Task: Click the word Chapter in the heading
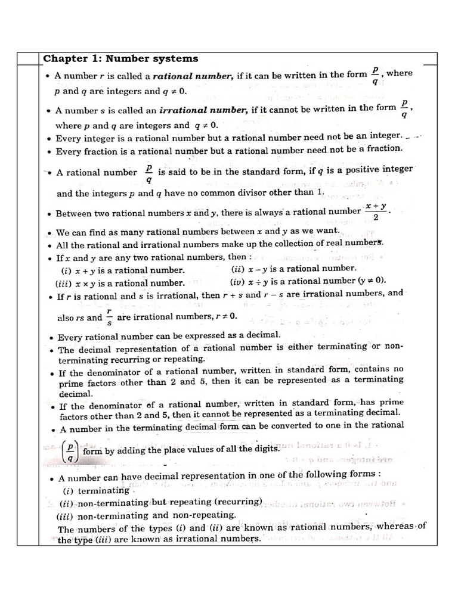[x=63, y=58]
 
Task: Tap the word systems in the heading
[x=172, y=58]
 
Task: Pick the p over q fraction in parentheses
[x=70, y=450]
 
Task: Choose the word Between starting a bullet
[x=72, y=213]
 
